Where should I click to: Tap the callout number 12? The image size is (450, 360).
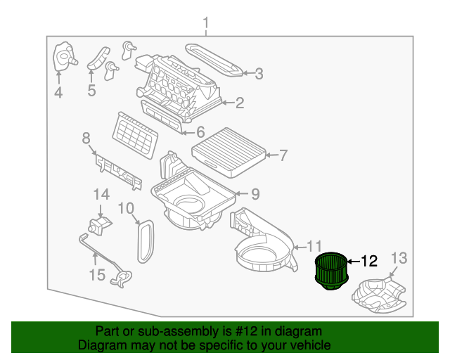[x=369, y=262]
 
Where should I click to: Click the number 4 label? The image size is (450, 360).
[x=58, y=93]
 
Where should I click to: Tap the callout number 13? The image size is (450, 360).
[x=399, y=258]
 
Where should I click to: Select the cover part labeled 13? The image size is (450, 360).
[x=379, y=295]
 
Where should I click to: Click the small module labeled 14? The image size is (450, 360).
[x=99, y=225]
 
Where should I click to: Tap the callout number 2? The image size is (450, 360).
[x=239, y=104]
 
